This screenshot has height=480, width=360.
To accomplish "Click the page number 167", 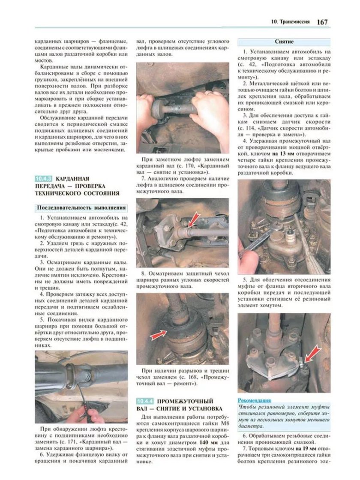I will (x=322, y=21).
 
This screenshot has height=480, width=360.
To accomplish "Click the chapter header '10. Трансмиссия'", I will (x=290, y=21).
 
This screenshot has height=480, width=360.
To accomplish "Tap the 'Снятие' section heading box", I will (x=284, y=42).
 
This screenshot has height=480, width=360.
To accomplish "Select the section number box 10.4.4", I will (x=145, y=401).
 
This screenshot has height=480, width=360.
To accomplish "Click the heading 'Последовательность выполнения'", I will (x=81, y=208).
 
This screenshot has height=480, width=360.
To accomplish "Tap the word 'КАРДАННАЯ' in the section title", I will (x=74, y=179).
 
